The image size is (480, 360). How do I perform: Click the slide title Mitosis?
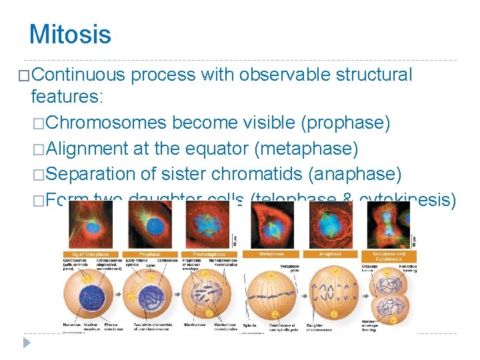tap(70, 34)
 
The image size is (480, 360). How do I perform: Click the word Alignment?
tap(89, 148)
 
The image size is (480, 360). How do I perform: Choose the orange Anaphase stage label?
tap(331, 254)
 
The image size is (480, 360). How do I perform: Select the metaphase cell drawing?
tap(272, 293)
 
